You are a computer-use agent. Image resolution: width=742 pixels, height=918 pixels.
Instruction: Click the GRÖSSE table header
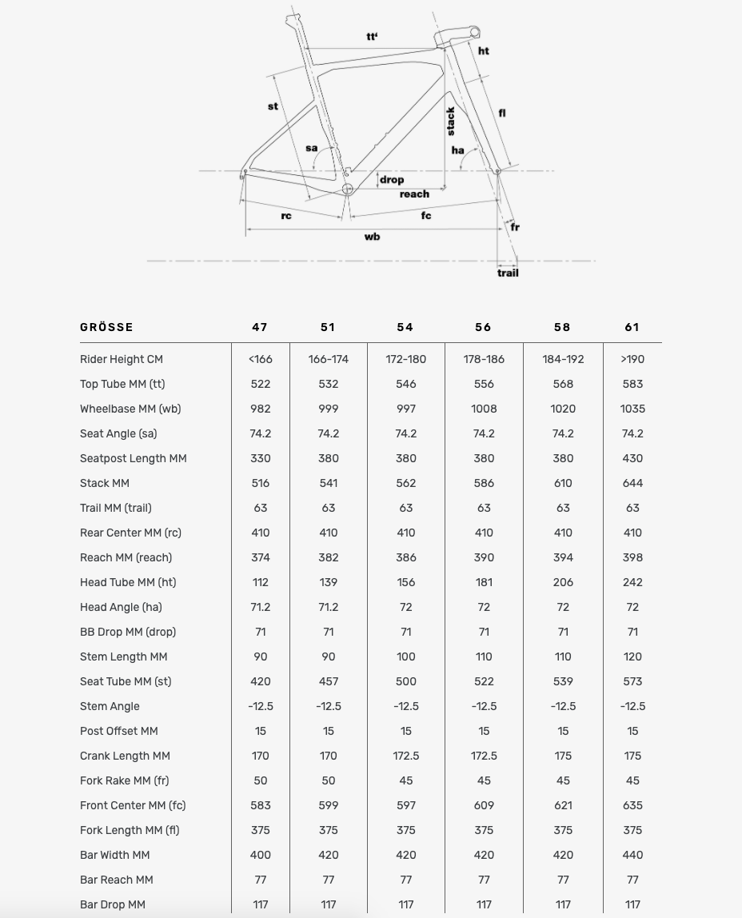point(106,327)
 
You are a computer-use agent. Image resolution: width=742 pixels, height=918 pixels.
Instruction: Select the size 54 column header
point(405,327)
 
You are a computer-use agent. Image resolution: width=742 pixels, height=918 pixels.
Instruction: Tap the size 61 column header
point(632,327)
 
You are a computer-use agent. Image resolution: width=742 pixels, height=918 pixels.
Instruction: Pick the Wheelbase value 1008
point(484,409)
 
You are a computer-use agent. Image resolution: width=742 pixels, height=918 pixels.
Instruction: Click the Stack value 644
point(632,483)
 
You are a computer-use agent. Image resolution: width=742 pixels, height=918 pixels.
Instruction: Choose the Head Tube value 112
point(260,582)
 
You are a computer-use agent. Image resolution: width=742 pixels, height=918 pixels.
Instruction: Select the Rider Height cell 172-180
point(405,359)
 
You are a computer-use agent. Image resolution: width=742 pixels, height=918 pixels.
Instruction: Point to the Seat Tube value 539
point(563,681)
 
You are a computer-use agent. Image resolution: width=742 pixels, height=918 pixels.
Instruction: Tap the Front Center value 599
point(328,805)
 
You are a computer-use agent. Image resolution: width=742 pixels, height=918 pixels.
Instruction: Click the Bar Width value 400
point(260,855)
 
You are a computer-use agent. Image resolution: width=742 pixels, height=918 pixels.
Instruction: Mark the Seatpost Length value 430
point(632,458)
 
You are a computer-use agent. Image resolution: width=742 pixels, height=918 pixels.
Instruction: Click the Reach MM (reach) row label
point(126,557)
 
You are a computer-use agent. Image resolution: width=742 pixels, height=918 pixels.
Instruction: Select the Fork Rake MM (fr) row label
point(124,780)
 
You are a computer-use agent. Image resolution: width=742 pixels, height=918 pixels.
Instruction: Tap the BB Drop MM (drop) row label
point(128,632)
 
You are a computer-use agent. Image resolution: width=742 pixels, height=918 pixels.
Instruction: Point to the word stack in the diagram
point(451,121)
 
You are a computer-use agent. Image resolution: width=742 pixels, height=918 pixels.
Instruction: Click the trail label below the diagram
point(508,273)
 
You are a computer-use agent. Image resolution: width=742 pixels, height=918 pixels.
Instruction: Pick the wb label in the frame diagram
point(372,237)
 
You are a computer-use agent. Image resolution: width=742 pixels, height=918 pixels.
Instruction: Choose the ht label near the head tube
point(484,51)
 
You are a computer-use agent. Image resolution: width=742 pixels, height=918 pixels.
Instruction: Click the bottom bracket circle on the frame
point(348,189)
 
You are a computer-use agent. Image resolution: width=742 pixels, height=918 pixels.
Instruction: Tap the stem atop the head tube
point(462,34)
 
